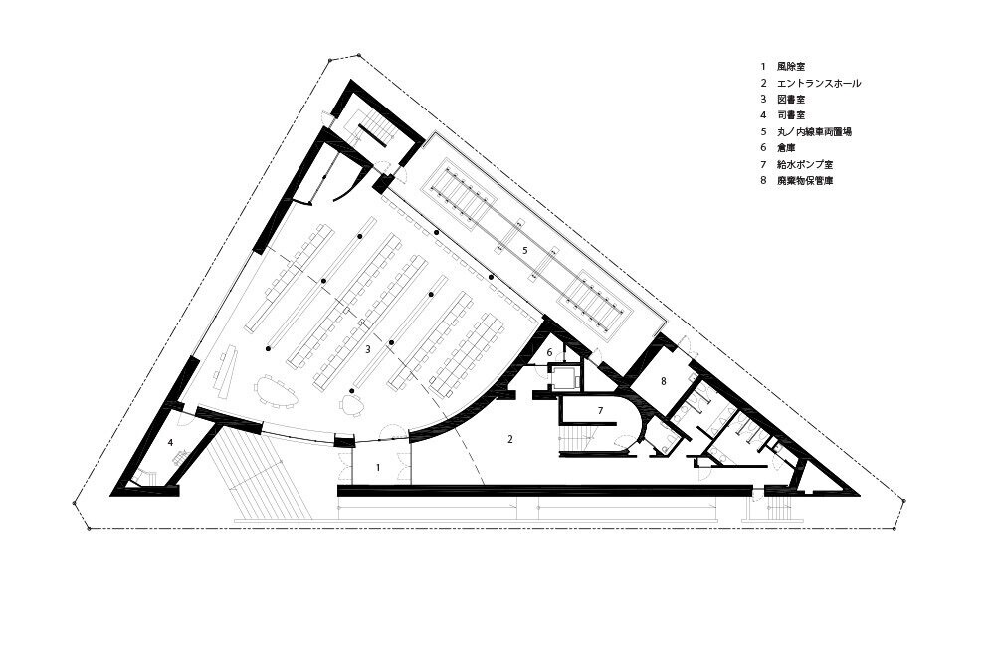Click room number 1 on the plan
click(x=378, y=467)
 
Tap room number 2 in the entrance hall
click(x=510, y=438)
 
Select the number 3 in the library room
click(x=367, y=348)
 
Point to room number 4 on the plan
click(x=171, y=442)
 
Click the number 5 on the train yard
click(x=524, y=250)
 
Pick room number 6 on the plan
click(x=550, y=352)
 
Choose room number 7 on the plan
click(x=600, y=411)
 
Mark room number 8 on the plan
click(x=663, y=381)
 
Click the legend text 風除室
click(x=791, y=66)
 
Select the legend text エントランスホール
click(x=819, y=83)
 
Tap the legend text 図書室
click(x=791, y=100)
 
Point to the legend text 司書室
click(x=791, y=115)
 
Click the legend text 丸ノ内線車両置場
click(x=814, y=132)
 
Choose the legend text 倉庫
click(x=786, y=148)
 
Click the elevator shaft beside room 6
click(x=564, y=378)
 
